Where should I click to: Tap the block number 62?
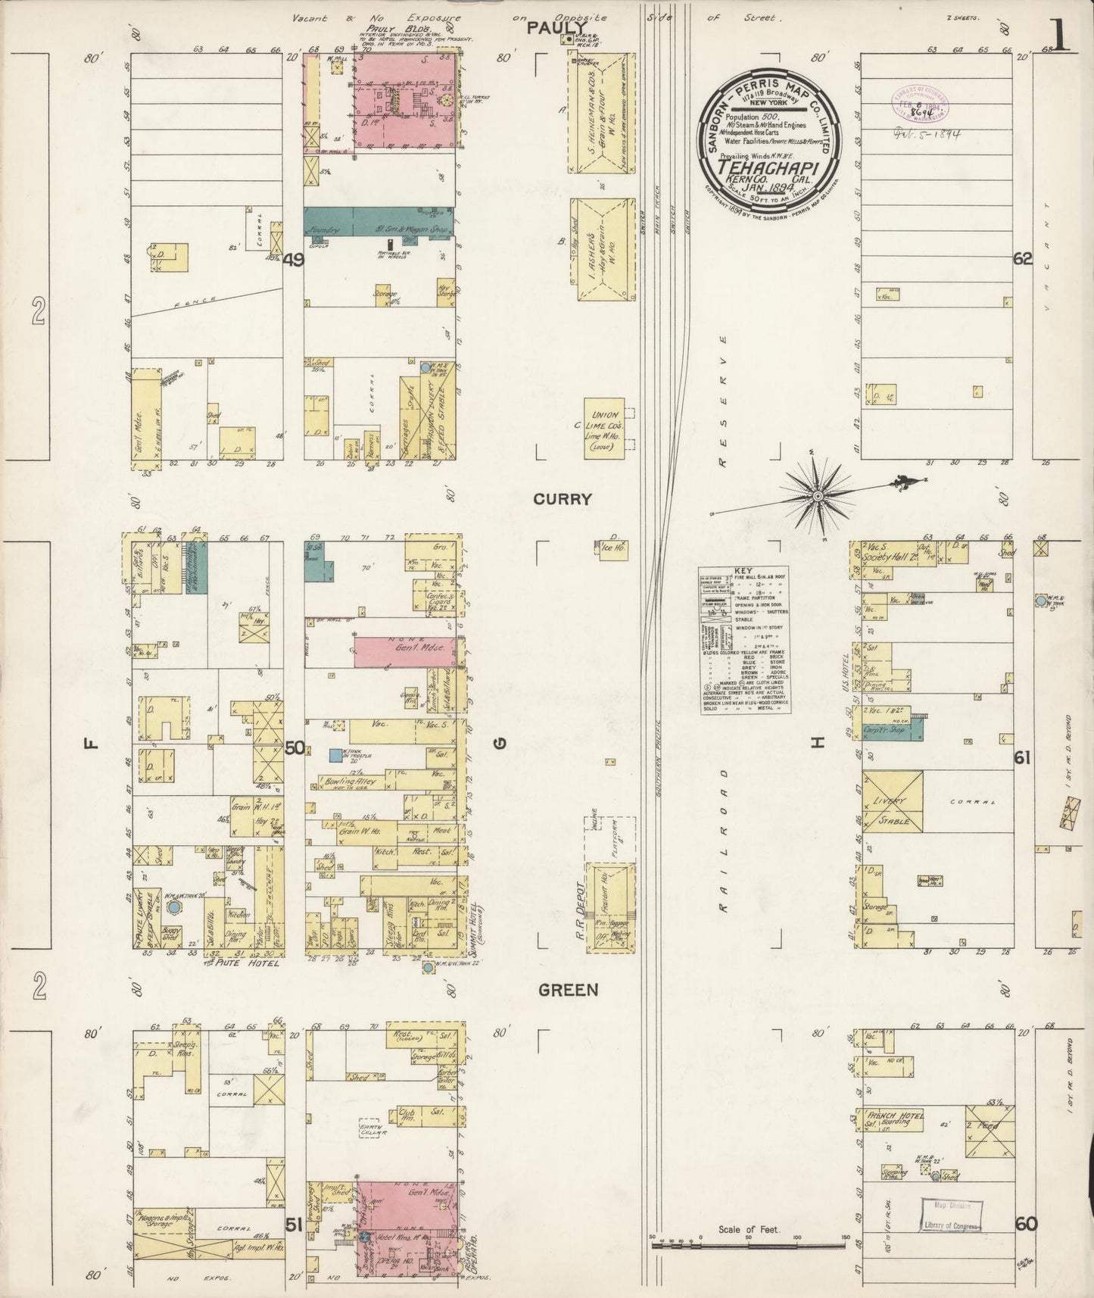click(1023, 259)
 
